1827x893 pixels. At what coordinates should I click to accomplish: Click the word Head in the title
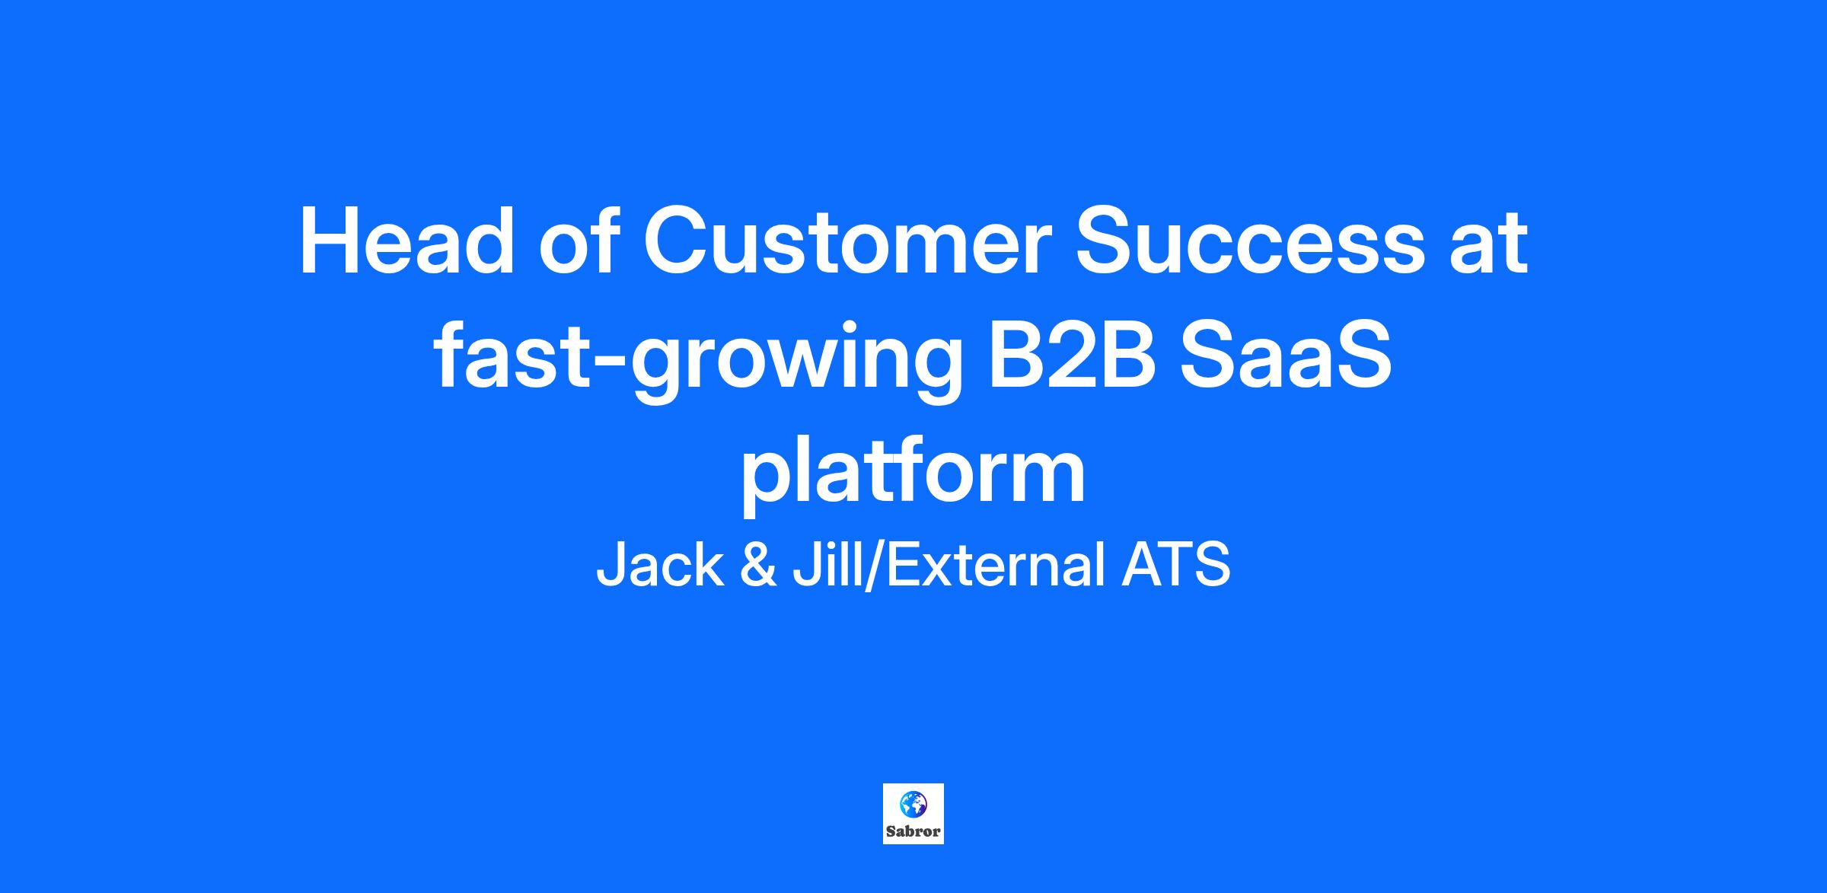point(407,241)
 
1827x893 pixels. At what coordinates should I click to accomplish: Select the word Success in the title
point(1249,242)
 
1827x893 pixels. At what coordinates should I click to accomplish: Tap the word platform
point(913,474)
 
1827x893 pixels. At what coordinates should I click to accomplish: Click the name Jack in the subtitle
point(659,565)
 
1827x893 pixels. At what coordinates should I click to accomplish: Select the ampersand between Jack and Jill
point(758,565)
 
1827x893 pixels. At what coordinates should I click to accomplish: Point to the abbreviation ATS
point(1175,565)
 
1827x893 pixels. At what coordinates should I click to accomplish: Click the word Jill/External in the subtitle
point(949,565)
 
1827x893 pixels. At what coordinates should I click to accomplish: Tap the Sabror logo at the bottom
point(913,814)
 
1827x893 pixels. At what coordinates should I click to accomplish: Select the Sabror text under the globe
point(913,831)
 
